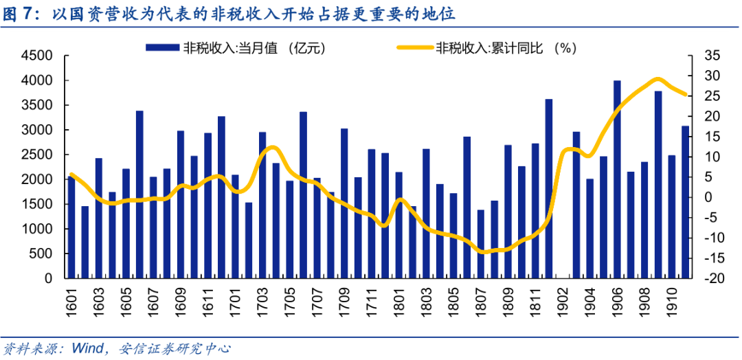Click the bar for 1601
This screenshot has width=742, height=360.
click(x=71, y=227)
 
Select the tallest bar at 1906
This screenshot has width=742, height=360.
click(x=617, y=179)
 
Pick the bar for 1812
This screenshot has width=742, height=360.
click(x=549, y=189)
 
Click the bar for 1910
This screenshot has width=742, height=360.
click(x=672, y=216)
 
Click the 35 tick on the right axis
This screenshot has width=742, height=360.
click(x=711, y=56)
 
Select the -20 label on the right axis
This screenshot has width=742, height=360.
click(x=711, y=278)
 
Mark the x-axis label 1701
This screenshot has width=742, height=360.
click(x=235, y=302)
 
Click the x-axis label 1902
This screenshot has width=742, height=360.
click(x=563, y=302)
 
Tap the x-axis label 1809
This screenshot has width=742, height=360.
click(x=508, y=302)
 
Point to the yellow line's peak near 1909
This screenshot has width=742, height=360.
click(x=657, y=79)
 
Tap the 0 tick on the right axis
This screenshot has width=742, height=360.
click(x=707, y=198)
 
